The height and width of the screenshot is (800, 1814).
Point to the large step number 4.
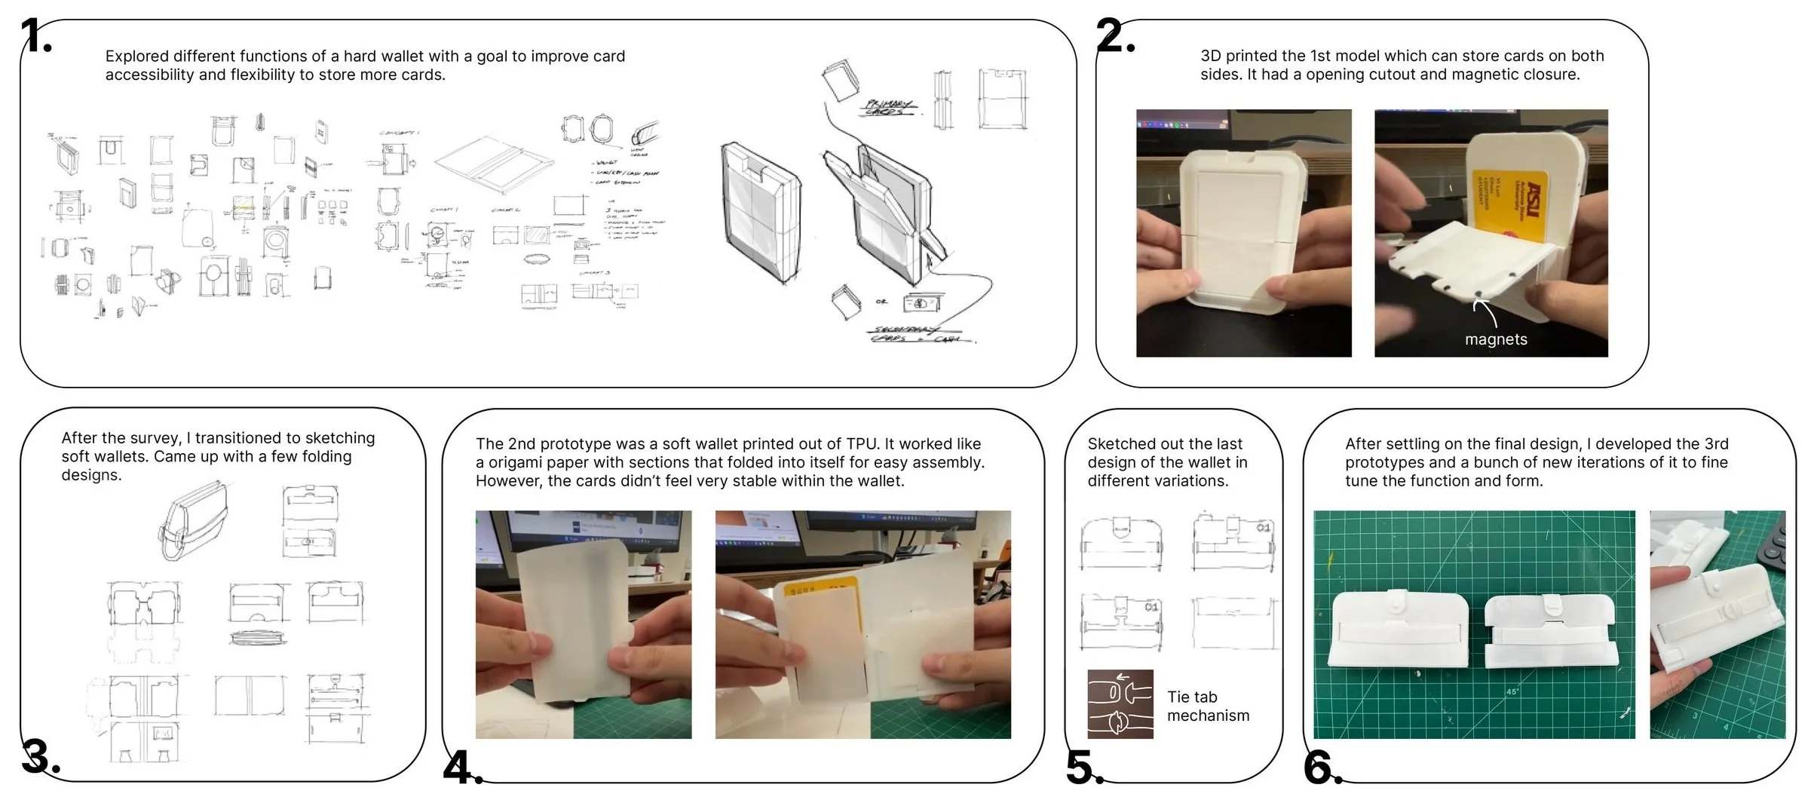pos(460,768)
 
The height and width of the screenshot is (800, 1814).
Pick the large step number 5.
pos(1083,768)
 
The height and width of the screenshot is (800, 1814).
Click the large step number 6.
pos(1321,768)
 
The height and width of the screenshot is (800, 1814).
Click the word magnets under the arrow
pos(1496,340)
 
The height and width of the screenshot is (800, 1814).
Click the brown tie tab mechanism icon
pos(1120,703)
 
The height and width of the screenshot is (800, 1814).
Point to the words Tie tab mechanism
pos(1208,707)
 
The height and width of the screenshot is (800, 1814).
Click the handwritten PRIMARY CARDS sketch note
pos(890,107)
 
